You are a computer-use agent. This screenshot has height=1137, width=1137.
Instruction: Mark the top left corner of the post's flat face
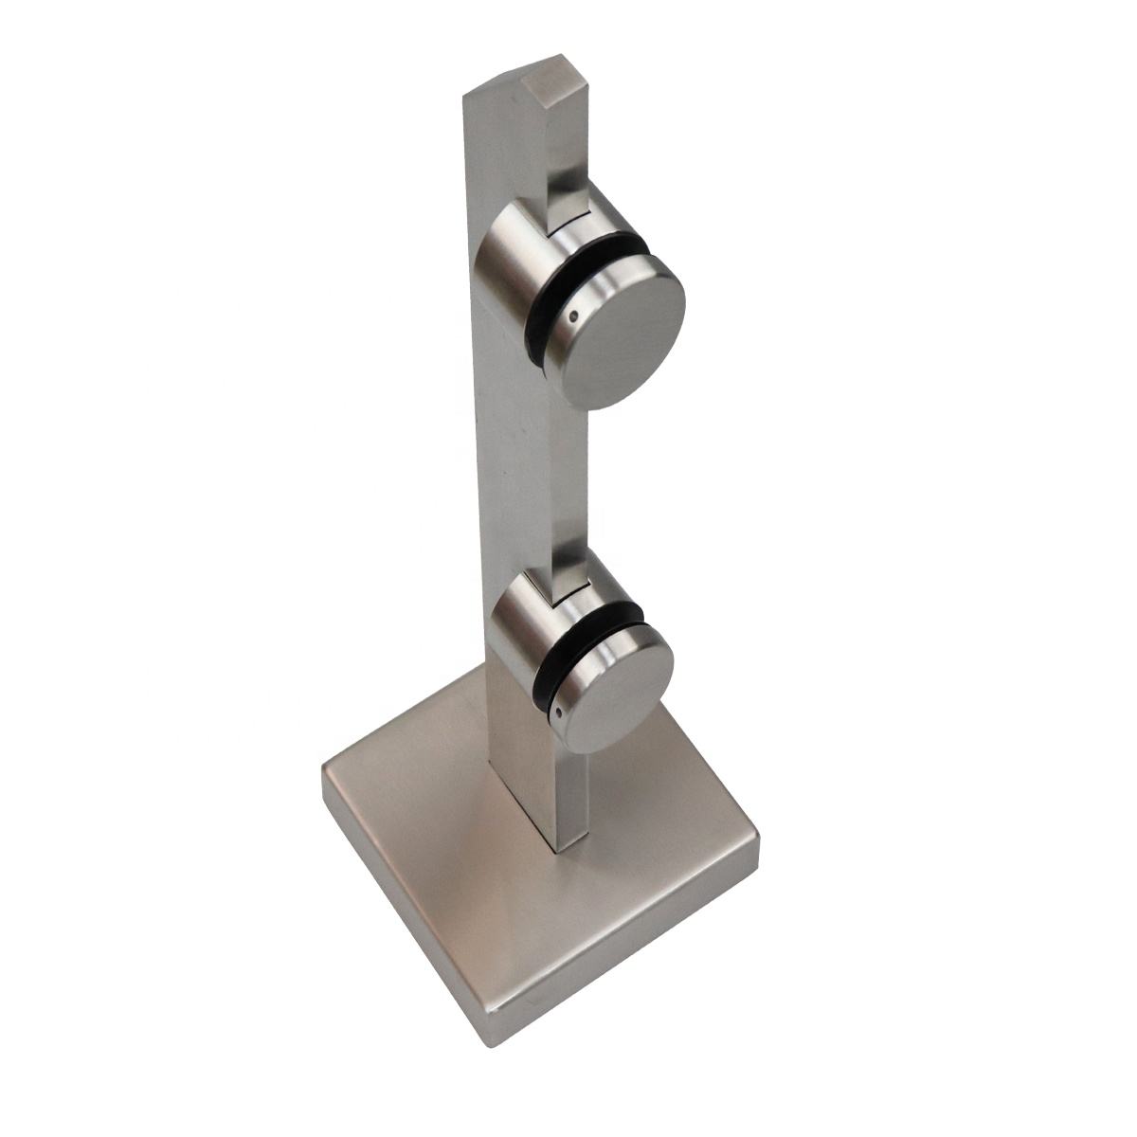(464, 95)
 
